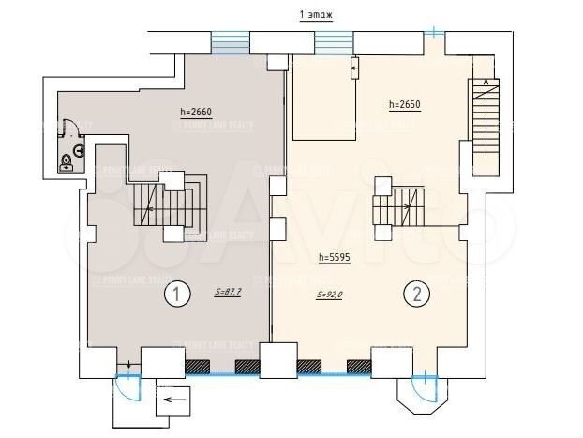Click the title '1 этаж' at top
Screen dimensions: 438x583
pyautogui.click(x=315, y=16)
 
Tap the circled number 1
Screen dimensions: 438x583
pyautogui.click(x=173, y=295)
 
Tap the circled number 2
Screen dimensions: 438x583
pyautogui.click(x=417, y=295)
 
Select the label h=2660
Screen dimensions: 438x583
pyautogui.click(x=196, y=113)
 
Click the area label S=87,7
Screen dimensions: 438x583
pyautogui.click(x=228, y=293)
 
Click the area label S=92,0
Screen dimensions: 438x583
pyautogui.click(x=331, y=294)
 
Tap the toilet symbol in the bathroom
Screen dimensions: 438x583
pyautogui.click(x=67, y=162)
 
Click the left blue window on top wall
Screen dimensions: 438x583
pyautogui.click(x=230, y=42)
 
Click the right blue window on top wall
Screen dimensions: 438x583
pyautogui.click(x=333, y=42)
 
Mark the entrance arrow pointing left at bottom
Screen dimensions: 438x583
pyautogui.click(x=172, y=404)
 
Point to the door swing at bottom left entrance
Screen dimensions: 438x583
pyautogui.click(x=124, y=385)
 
